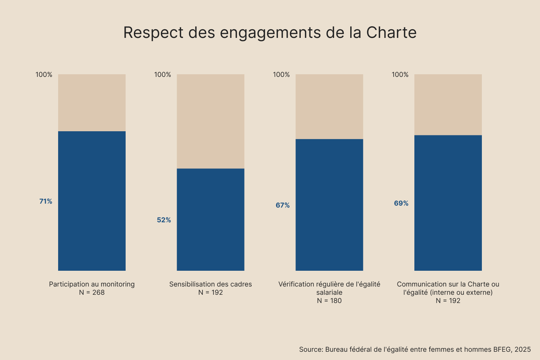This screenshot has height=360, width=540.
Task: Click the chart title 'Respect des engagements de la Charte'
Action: [270, 33]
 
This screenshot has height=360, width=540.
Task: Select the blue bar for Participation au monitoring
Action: [92, 201]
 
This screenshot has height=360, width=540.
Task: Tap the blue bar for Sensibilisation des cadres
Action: [210, 219]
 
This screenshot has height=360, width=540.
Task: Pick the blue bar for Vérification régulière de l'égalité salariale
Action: [329, 205]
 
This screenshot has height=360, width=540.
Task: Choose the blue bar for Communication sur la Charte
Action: [448, 203]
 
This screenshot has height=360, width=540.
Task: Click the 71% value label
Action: [46, 201]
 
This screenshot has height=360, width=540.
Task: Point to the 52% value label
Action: [164, 220]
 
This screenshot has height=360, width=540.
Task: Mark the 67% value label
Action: [283, 205]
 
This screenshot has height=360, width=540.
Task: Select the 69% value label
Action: [401, 203]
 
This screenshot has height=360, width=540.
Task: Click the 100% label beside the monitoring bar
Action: [44, 75]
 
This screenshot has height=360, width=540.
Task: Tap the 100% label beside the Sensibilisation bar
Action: [163, 75]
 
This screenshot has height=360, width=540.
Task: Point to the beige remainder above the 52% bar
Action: [210, 121]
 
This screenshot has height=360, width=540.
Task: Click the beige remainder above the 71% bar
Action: [92, 102]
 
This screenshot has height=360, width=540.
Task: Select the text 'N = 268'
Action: [92, 292]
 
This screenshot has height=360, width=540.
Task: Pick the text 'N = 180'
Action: [329, 301]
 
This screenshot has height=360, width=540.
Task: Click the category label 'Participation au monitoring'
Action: [92, 284]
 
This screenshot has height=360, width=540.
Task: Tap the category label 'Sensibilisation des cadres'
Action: [210, 284]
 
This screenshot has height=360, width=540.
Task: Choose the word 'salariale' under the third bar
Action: [329, 292]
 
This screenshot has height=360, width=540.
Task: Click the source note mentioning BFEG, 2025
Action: [415, 349]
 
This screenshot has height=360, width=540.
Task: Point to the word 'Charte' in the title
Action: [391, 33]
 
